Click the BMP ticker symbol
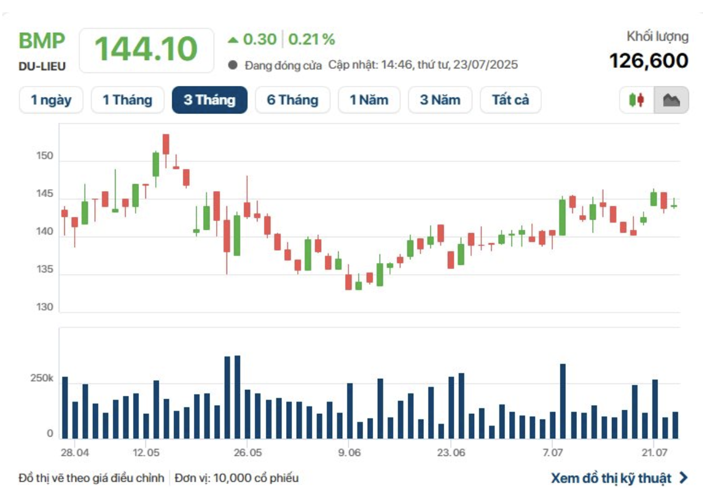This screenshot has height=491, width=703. coord(42,42)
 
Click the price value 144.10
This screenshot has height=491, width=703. coord(146,49)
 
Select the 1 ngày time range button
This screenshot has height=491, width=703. coord(51,100)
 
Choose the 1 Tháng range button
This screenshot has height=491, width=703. coord(127,100)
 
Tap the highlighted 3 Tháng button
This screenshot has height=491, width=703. coord(210,100)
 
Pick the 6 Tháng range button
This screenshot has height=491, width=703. coord(293,100)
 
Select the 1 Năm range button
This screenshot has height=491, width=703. coord(369,100)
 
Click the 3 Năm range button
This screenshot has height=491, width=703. coord(440,100)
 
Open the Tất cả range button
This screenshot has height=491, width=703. coord(510,100)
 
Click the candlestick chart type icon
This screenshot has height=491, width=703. coord(637,101)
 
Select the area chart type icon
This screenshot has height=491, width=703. coord(671,101)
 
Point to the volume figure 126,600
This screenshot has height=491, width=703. coord(649,60)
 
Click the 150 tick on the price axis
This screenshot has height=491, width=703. coord(45,157)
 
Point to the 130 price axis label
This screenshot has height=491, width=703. coord(45,307)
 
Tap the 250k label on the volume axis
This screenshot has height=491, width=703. coord(42,379)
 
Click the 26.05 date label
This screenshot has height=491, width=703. coord(247,453)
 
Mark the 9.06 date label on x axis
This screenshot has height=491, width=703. coord(349,453)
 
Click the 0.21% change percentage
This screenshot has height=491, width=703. coord(312,40)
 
